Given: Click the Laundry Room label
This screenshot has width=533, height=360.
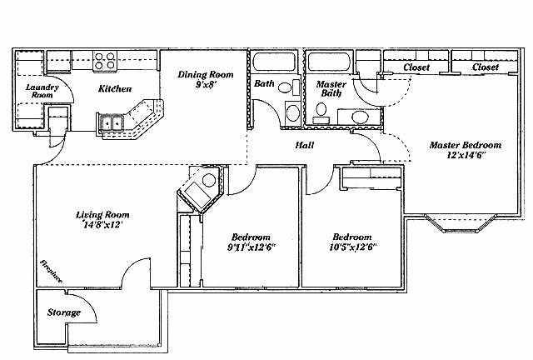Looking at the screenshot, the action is pos(42,91).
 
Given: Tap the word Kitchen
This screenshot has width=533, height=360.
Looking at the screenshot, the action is pos(115,89).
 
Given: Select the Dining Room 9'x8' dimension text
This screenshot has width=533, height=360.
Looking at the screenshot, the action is pos(206,84).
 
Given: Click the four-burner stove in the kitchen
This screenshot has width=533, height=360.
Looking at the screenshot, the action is pos(105,61).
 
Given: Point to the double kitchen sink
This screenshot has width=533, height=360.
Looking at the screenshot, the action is pos(112,122).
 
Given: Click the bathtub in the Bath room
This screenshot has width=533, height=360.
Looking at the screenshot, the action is pos(274,62).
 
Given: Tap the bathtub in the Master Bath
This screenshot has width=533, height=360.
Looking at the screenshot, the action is pos(328,62).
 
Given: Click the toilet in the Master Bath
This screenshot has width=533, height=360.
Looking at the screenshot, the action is pos(321,113).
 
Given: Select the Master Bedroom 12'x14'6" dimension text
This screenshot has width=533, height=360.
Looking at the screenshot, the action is pos(466,156).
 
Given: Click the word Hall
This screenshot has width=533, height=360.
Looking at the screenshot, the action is pos(305,145).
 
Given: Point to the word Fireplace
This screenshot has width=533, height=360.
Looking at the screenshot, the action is pos(52,272).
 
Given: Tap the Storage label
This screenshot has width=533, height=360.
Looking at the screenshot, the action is pos(64,312).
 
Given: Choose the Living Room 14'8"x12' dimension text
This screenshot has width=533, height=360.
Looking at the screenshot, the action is pos(102,224).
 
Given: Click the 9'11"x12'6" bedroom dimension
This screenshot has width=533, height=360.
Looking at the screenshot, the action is pos(251,247).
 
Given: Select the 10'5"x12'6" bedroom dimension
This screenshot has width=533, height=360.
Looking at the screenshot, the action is pos(352,247).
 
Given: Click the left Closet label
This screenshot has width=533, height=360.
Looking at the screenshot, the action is pos(416,67).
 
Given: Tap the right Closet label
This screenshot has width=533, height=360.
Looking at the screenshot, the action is pos(486,67).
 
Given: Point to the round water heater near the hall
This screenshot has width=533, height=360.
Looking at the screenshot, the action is pos(209,180).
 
